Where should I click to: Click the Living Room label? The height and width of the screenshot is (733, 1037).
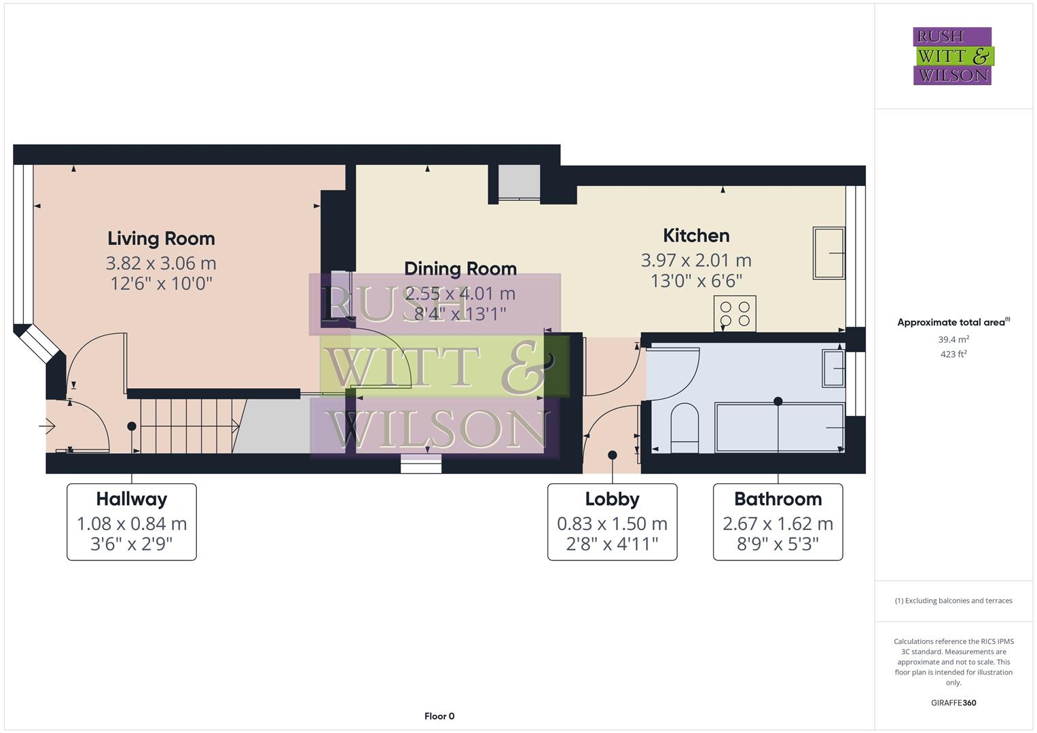[161, 238]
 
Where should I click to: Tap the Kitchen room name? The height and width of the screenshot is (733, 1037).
[696, 236]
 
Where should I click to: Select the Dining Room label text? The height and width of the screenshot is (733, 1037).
[460, 269]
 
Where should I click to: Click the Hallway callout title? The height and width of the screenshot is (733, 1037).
[131, 499]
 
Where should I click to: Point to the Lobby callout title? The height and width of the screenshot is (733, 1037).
[612, 499]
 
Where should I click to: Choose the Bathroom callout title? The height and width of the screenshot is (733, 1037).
[778, 499]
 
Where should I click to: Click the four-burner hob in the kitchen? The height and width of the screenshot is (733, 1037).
[735, 314]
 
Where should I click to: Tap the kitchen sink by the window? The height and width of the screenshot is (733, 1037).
[829, 253]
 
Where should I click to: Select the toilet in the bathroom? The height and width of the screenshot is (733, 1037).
[685, 428]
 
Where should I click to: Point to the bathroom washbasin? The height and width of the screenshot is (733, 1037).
[833, 368]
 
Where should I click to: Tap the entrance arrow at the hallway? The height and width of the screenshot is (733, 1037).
[47, 426]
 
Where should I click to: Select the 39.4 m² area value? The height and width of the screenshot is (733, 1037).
[953, 339]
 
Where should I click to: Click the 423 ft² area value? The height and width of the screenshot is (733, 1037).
[953, 354]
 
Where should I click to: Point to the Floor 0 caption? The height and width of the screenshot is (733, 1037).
[439, 716]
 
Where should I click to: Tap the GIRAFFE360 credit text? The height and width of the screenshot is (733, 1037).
[953, 702]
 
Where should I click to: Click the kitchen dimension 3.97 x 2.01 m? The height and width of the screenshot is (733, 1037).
[696, 260]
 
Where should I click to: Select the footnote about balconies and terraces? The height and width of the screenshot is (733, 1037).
[953, 601]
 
